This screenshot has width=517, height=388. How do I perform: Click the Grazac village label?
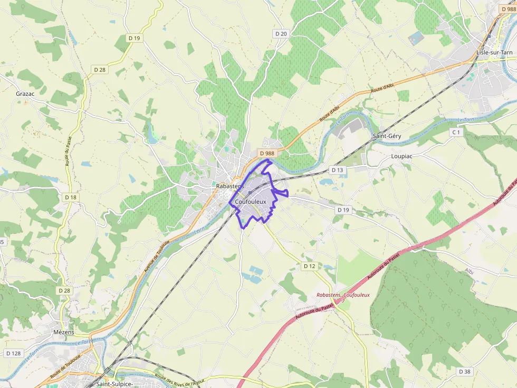[25, 94]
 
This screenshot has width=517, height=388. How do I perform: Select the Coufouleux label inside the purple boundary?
[251, 202]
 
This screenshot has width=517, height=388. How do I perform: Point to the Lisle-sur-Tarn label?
[494, 53]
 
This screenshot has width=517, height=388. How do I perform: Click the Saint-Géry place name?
[387, 136]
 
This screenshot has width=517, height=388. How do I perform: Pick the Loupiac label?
[401, 156]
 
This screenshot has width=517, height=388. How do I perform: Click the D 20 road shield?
[281, 34]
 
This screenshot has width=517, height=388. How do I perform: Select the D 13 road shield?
[337, 170]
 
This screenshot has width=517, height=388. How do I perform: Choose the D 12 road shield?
[309, 266]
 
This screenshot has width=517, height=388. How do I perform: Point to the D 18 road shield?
[71, 197]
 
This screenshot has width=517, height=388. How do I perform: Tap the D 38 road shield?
[464, 372]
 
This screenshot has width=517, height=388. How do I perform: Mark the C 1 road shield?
[456, 132]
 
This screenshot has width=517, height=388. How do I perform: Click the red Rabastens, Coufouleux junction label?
[343, 295]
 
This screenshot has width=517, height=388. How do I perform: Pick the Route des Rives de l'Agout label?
[179, 379]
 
